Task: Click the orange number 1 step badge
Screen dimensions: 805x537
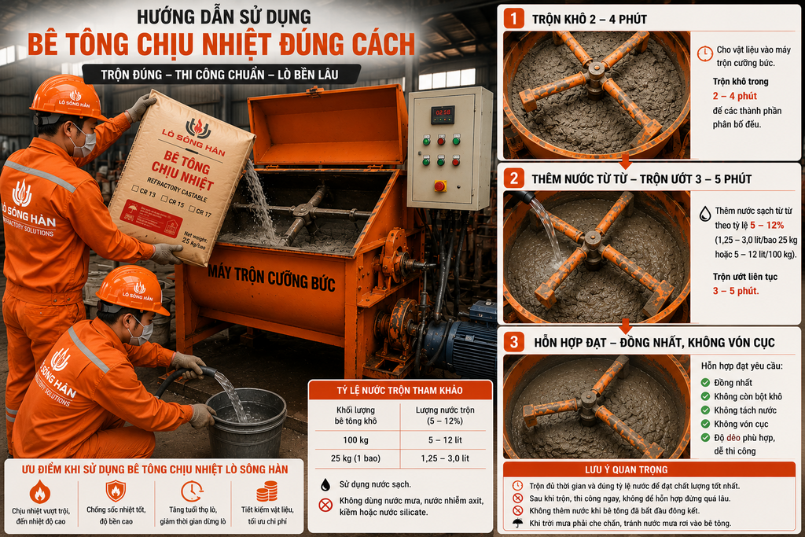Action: click(514, 19)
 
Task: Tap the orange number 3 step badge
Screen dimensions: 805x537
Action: click(514, 342)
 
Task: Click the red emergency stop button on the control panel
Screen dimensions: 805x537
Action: click(440, 186)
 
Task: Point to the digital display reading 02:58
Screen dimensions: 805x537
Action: click(443, 112)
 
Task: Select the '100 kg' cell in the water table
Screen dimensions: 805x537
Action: click(356, 440)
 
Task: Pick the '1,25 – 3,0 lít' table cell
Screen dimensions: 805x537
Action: click(445, 458)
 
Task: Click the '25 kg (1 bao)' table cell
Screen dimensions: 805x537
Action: click(356, 458)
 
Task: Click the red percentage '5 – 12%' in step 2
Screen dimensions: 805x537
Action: click(767, 225)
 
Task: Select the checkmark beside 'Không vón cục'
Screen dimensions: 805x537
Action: click(705, 424)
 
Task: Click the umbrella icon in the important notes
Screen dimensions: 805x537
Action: click(517, 523)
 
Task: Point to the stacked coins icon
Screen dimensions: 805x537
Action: click(267, 491)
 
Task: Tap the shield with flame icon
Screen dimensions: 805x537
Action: click(116, 491)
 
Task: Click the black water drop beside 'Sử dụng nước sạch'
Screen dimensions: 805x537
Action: click(325, 484)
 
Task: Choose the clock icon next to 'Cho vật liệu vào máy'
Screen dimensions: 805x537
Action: click(705, 53)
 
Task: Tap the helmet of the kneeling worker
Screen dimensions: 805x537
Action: click(132, 290)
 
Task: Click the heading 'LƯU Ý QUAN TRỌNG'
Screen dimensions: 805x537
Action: click(627, 469)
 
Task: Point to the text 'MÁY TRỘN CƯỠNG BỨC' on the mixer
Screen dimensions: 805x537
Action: click(271, 278)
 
